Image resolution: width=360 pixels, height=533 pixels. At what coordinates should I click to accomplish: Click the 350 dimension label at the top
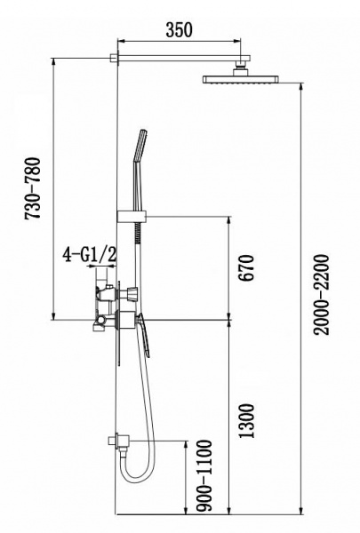pyautogui.click(x=179, y=28)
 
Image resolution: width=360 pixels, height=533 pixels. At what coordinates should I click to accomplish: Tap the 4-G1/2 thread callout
pyautogui.click(x=91, y=256)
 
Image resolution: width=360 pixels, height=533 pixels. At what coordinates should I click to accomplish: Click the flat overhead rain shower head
pyautogui.click(x=241, y=79)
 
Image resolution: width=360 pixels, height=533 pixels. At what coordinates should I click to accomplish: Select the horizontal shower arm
pyautogui.click(x=178, y=60)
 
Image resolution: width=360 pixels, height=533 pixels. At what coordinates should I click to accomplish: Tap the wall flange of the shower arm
pyautogui.click(x=115, y=60)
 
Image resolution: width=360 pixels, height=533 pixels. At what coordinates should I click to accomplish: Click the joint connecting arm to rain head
pyautogui.click(x=240, y=67)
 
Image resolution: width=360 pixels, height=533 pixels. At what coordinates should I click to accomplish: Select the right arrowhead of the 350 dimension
pyautogui.click(x=237, y=40)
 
